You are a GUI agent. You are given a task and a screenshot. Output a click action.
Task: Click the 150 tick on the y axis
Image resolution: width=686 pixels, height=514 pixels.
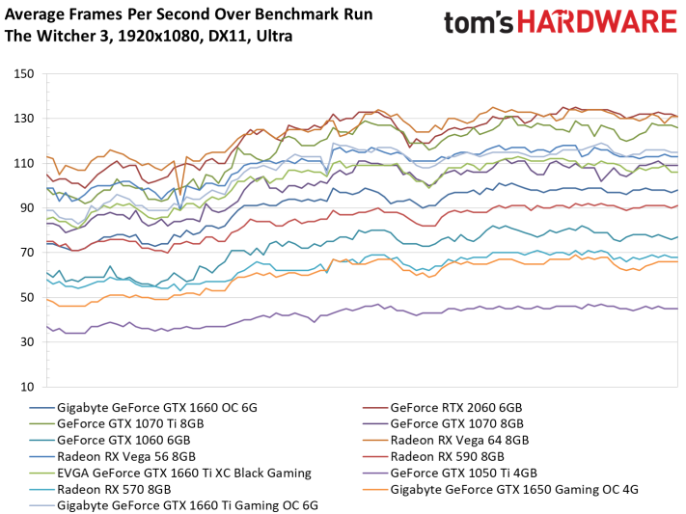(x=23, y=73)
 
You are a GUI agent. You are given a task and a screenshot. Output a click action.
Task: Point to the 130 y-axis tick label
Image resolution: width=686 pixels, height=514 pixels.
(x=23, y=119)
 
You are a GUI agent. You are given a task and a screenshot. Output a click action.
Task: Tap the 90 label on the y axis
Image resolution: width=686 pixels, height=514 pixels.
(x=26, y=207)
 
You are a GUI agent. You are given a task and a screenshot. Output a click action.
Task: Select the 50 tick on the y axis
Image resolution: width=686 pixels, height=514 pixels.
(x=26, y=297)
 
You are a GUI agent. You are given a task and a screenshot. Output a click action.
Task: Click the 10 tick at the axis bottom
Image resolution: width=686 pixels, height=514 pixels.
(x=26, y=387)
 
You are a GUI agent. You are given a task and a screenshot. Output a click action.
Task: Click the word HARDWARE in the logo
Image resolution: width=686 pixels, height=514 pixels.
(x=597, y=22)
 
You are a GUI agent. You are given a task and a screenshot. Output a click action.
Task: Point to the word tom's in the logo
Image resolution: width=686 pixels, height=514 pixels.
(x=479, y=23)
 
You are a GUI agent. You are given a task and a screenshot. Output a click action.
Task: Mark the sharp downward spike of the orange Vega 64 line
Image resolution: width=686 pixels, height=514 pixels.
(x=179, y=194)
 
